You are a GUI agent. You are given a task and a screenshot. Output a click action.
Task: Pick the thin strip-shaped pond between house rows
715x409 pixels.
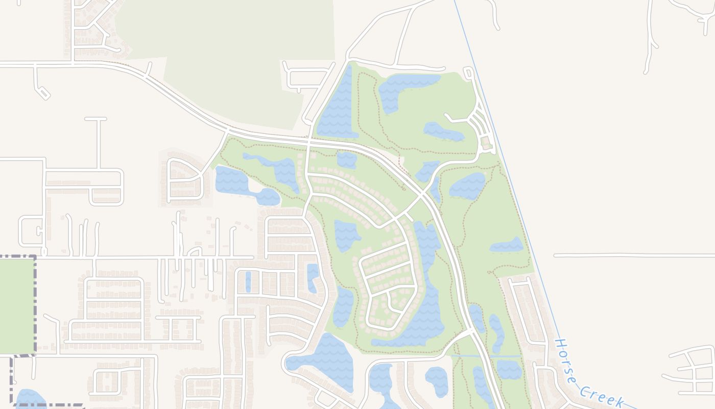pos(248,281)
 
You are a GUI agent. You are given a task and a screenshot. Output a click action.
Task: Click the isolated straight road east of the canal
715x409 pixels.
pos(633,255)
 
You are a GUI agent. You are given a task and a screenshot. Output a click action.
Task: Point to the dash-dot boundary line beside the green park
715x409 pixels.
pos(35,307)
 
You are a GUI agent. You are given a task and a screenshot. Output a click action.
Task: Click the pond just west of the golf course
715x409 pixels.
pos(232,180)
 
